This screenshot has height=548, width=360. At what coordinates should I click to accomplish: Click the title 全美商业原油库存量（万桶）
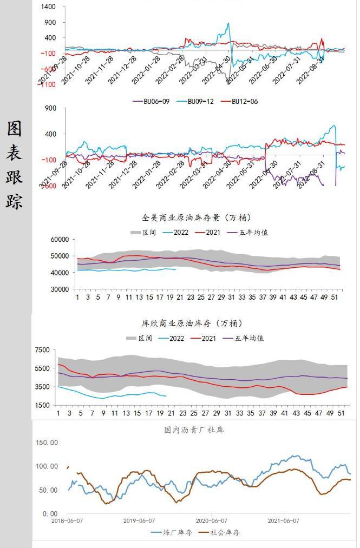(196, 218)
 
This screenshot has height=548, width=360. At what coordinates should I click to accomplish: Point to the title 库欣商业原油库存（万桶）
(192, 323)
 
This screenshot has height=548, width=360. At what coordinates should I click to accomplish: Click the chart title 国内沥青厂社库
(194, 430)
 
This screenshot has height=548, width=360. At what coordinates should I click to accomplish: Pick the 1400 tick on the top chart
(48, 7)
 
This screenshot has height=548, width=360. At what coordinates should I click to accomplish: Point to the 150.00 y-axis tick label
(46, 443)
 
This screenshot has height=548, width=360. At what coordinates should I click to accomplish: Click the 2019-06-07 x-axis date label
(139, 521)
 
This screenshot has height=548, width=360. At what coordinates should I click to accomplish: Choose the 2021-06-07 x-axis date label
(284, 521)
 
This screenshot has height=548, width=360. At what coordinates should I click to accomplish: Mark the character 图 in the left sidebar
(15, 128)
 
